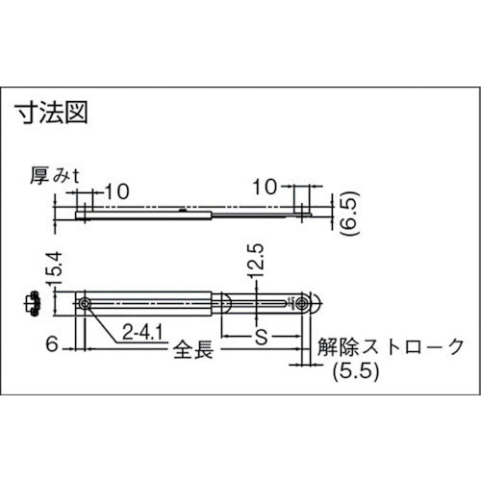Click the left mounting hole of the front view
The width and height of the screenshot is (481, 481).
coord(88,304)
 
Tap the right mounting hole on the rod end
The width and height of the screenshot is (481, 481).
coord(305,304)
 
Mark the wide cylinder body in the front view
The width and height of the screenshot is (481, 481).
coord(154,304)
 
